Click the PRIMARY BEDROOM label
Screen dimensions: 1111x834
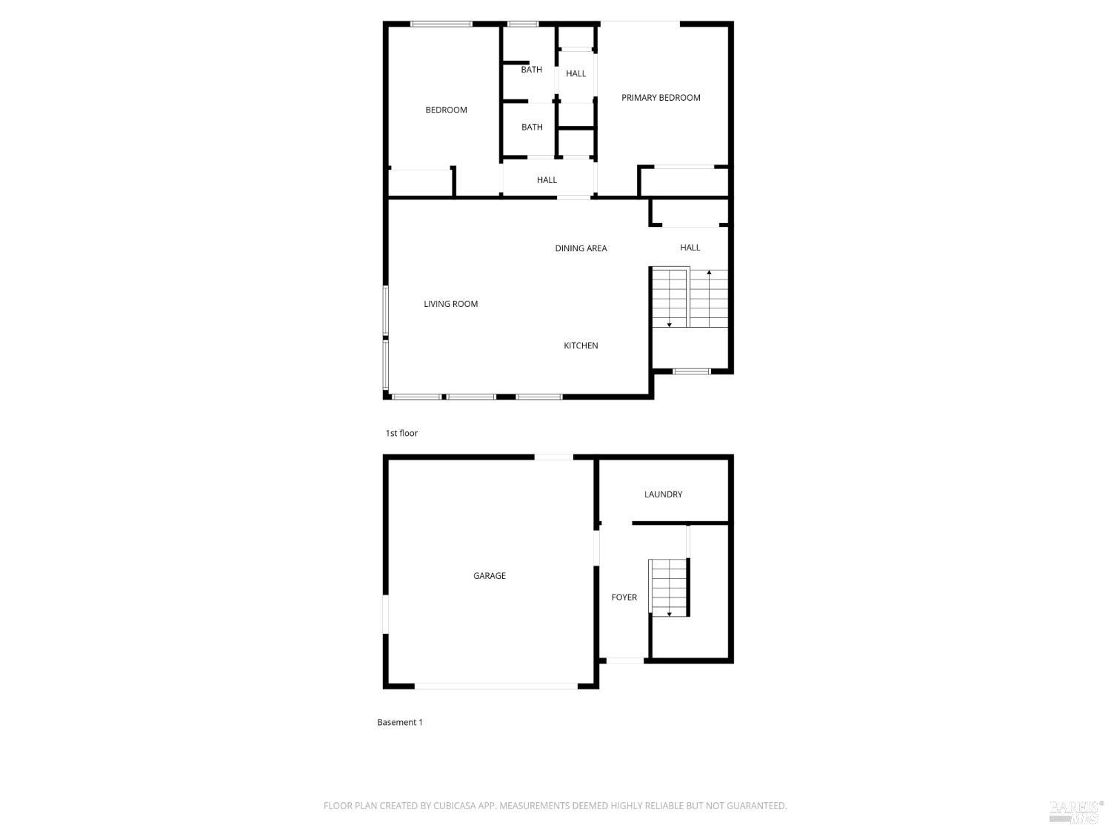(661, 98)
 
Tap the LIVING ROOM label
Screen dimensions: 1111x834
(450, 304)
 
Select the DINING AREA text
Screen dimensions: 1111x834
(581, 248)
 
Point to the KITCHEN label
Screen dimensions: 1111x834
(581, 345)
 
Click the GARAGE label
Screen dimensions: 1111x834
(489, 575)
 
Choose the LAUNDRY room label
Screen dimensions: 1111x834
(663, 494)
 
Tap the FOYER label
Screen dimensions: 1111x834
(624, 597)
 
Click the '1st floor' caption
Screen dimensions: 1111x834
(401, 433)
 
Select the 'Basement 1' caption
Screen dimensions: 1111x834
(399, 722)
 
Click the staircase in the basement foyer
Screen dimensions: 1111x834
(669, 587)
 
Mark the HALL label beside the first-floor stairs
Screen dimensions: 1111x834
(690, 247)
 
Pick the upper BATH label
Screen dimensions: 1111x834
(532, 70)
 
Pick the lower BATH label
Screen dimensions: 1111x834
(532, 127)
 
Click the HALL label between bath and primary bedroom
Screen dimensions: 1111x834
(575, 73)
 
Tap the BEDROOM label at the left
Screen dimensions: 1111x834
(446, 110)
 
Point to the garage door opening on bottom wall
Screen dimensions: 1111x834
(496, 686)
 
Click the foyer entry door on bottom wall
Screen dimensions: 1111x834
(625, 661)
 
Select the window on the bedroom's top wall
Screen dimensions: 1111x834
(441, 24)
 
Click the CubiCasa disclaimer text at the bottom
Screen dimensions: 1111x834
(555, 805)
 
